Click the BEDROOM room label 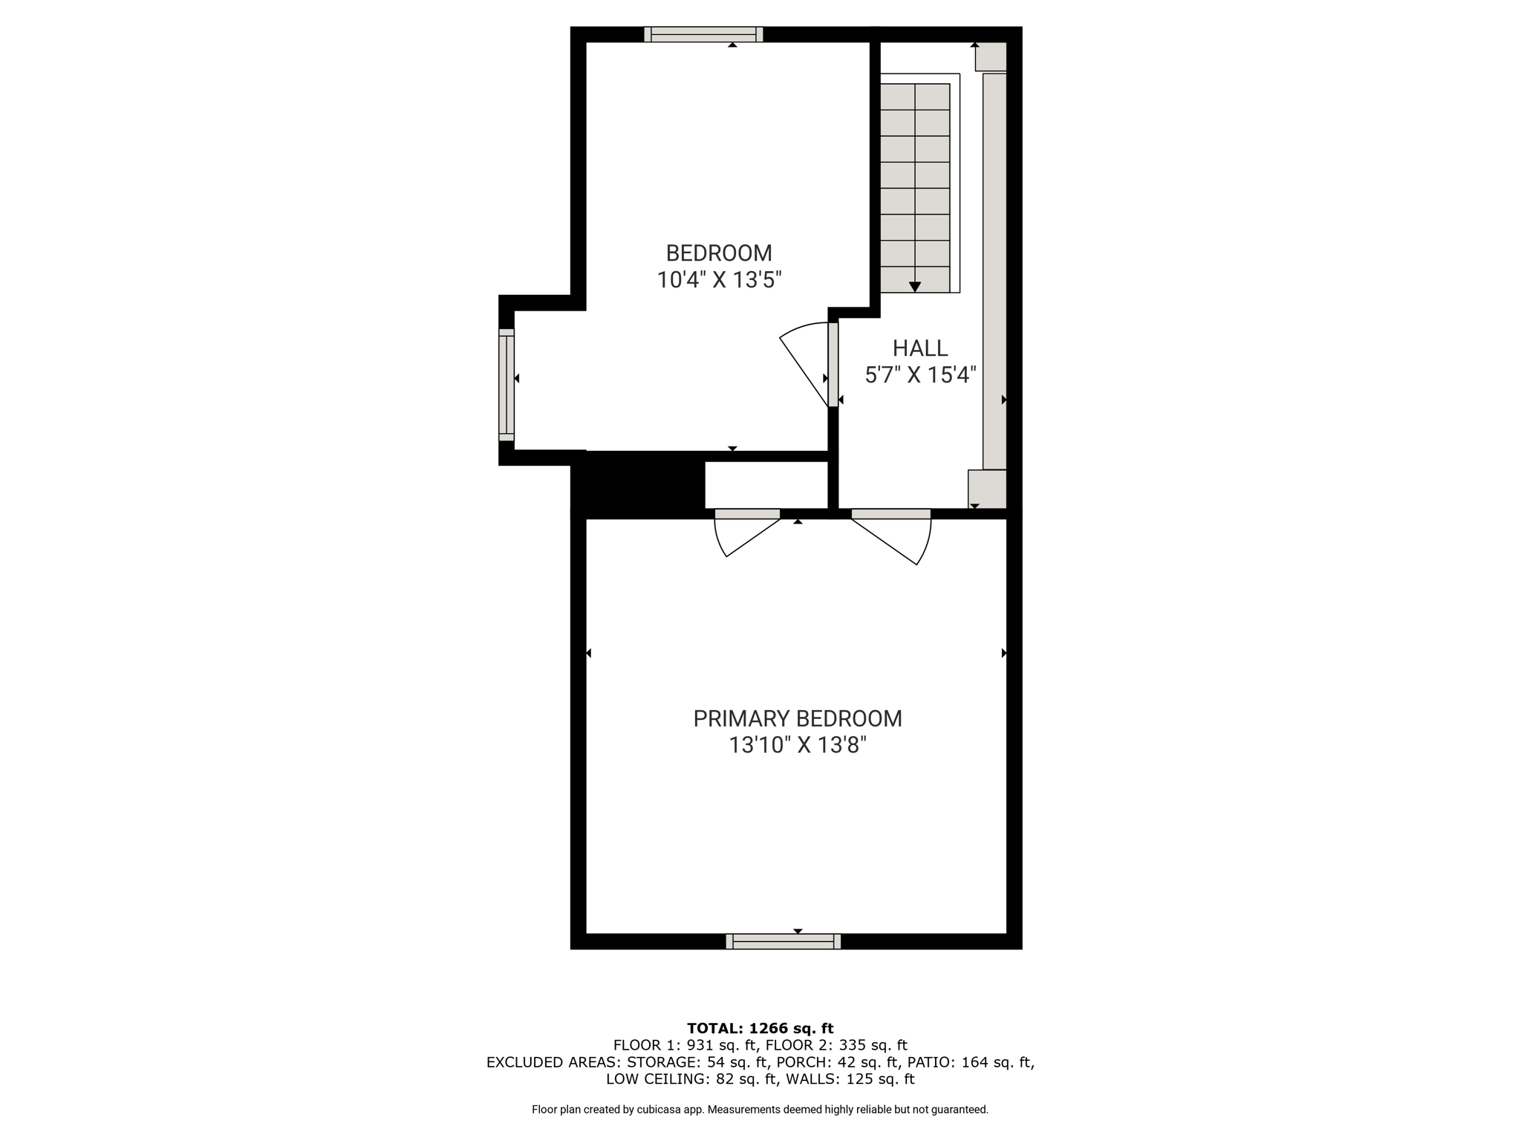tap(719, 253)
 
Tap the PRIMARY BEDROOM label tap(798, 719)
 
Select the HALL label tap(920, 348)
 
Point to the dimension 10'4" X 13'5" tap(719, 280)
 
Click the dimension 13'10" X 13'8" tap(798, 745)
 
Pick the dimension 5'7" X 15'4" tap(920, 375)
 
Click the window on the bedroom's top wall tap(703, 34)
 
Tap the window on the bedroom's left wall tap(507, 385)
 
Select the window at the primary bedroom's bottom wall tap(784, 941)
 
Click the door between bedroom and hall tap(806, 364)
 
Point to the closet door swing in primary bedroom tap(746, 532)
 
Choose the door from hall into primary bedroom tap(891, 536)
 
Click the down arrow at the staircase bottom tap(915, 287)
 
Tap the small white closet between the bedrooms tap(766, 485)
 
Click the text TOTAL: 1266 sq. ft tap(760, 1029)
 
